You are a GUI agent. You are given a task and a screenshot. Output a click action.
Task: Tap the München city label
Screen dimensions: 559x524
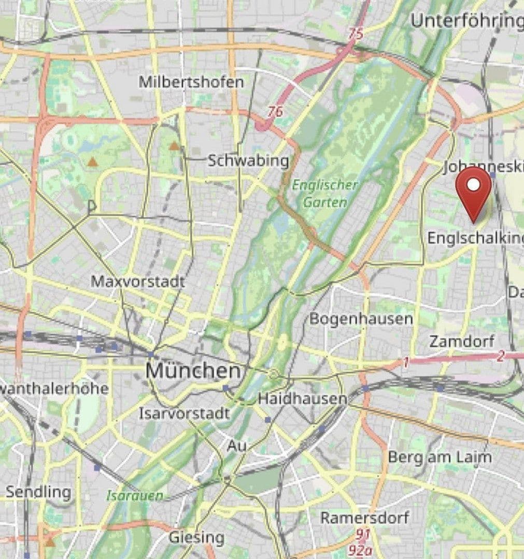[x=193, y=371]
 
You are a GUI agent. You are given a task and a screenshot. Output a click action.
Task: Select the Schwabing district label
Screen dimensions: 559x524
[x=248, y=160]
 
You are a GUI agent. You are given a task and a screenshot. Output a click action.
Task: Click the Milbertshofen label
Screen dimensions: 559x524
[x=191, y=82]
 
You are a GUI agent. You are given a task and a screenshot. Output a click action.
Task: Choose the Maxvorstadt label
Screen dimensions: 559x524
[x=138, y=282]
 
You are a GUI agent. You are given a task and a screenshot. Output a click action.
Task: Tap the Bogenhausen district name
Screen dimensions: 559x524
[x=361, y=318]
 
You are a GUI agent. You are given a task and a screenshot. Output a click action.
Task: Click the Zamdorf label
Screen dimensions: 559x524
[x=462, y=342]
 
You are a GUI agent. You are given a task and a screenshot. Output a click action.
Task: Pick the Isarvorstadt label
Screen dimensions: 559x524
[x=184, y=414]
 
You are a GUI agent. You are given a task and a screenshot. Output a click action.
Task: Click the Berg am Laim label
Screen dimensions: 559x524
[x=440, y=458]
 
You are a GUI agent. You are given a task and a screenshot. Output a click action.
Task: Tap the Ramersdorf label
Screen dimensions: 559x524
[x=364, y=517]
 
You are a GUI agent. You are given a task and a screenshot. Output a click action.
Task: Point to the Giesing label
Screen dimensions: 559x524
[x=196, y=537]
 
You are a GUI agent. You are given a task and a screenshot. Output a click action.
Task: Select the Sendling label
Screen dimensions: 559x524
[x=38, y=492]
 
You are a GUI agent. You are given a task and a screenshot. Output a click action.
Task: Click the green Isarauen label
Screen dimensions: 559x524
[x=135, y=495]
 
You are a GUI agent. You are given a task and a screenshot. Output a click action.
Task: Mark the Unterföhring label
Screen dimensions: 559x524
[x=466, y=21]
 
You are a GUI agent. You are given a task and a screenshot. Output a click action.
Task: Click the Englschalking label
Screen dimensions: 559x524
[x=475, y=238]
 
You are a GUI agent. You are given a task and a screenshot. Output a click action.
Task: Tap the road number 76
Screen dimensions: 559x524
[x=276, y=111]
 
